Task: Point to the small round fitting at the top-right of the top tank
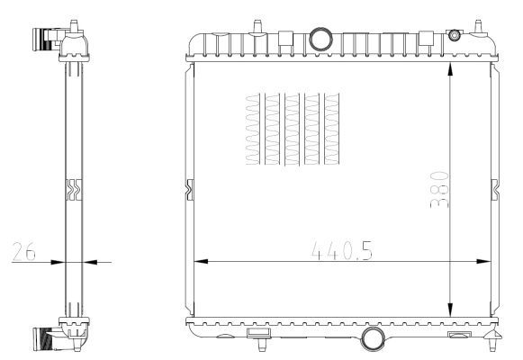click(x=454, y=35)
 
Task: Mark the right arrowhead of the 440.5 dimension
click(x=486, y=262)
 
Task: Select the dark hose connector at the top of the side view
click(x=41, y=40)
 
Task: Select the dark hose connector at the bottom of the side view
click(x=41, y=340)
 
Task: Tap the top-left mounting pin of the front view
click(x=257, y=23)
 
